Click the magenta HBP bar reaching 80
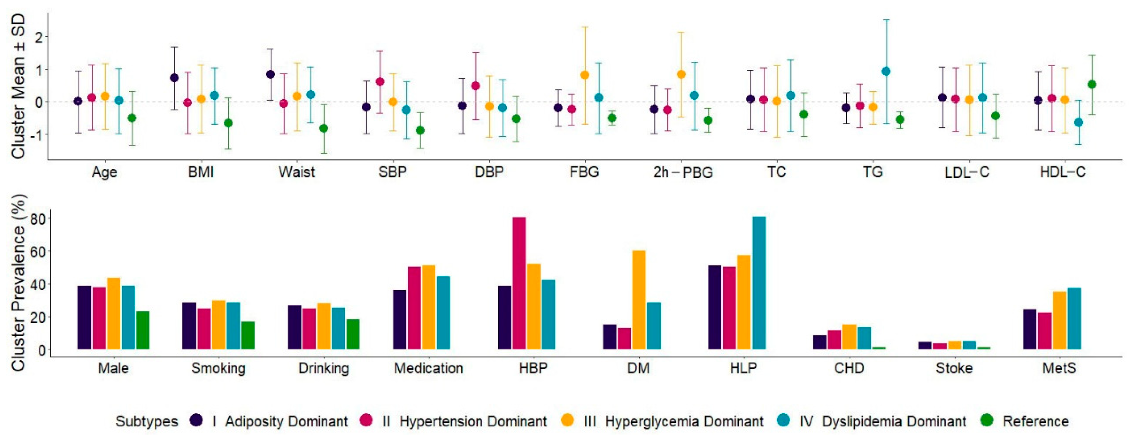point(519,283)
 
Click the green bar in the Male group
point(143,330)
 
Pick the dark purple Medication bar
point(399,320)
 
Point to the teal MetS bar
point(1074,318)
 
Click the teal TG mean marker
point(886,71)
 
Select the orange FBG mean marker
point(585,75)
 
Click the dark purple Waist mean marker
point(270,74)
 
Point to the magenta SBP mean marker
point(380,82)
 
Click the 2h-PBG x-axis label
point(683,172)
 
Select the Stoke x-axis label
point(954,368)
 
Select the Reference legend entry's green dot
point(987,420)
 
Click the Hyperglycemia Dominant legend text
point(684,421)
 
